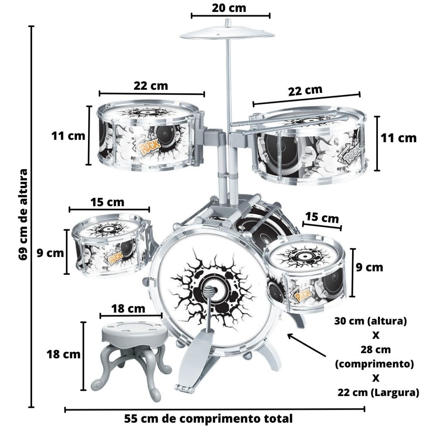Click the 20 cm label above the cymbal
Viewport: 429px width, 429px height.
(229, 8)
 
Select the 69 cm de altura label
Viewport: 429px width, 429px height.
(23, 215)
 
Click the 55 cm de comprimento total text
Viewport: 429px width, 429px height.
(208, 419)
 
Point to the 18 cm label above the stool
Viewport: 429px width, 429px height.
(128, 308)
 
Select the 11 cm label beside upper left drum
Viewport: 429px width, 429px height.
(68, 136)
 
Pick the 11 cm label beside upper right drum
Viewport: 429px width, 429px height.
(398, 138)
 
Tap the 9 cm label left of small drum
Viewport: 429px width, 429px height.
(50, 253)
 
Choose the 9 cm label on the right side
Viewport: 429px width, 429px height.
(369, 267)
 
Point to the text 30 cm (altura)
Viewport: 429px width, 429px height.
(371, 321)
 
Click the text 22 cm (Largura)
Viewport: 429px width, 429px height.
(378, 393)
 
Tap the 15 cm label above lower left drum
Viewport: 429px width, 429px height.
(107, 202)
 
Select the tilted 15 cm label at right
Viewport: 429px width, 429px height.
(322, 217)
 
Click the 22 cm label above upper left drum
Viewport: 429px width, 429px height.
(151, 86)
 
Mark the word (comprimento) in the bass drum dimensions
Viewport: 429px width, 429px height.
(374, 364)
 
